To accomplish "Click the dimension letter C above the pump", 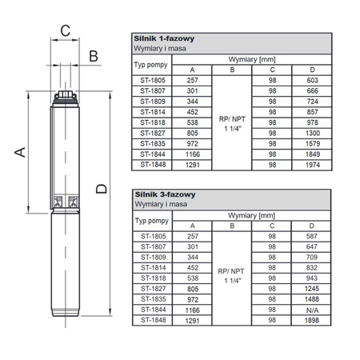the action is pyautogui.click(x=66, y=30).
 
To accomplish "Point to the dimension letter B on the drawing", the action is pyautogui.click(x=94, y=56).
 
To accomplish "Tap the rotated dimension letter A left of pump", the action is pyautogui.click(x=20, y=152).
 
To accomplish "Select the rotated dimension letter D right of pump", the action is pyautogui.click(x=102, y=189).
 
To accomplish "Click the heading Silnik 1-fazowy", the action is pyautogui.click(x=164, y=38).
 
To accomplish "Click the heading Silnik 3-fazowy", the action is pyautogui.click(x=165, y=194).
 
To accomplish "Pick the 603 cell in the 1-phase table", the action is pyautogui.click(x=312, y=80).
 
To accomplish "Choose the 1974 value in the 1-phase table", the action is pyautogui.click(x=313, y=165).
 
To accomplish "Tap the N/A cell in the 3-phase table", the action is pyautogui.click(x=312, y=310).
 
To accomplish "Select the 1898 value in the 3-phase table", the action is pyautogui.click(x=312, y=320).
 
